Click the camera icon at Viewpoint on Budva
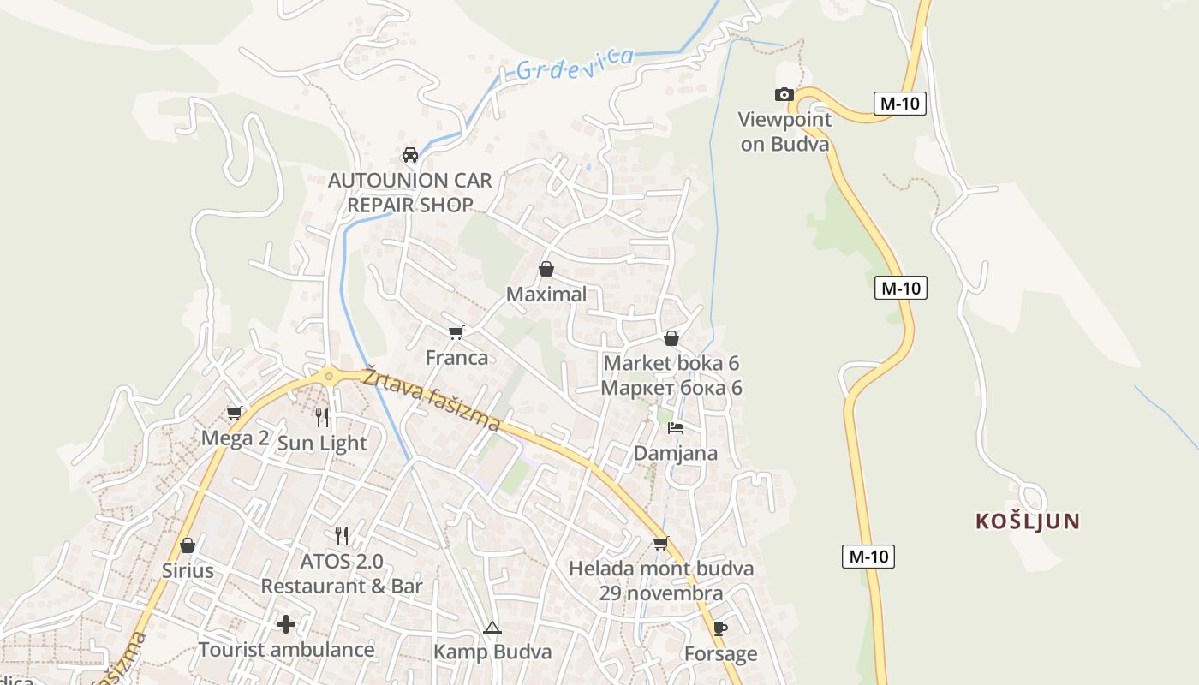[784, 94]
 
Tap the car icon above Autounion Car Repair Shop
[410, 155]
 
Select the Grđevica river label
[576, 63]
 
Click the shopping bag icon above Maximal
[546, 270]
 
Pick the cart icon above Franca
[456, 332]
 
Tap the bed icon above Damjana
[676, 427]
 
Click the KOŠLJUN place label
[1028, 521]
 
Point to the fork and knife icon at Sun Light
[322, 418]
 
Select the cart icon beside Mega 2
[235, 414]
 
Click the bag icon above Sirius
[188, 545]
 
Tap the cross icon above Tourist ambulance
[286, 624]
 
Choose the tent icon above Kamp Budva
[492, 628]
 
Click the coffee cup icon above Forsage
[720, 629]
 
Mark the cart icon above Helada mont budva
[660, 543]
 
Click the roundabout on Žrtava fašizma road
[328, 376]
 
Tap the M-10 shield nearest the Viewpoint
[899, 104]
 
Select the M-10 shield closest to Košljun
[868, 557]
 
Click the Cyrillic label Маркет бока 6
[671, 388]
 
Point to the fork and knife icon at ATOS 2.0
[342, 536]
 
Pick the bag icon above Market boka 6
[671, 338]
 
